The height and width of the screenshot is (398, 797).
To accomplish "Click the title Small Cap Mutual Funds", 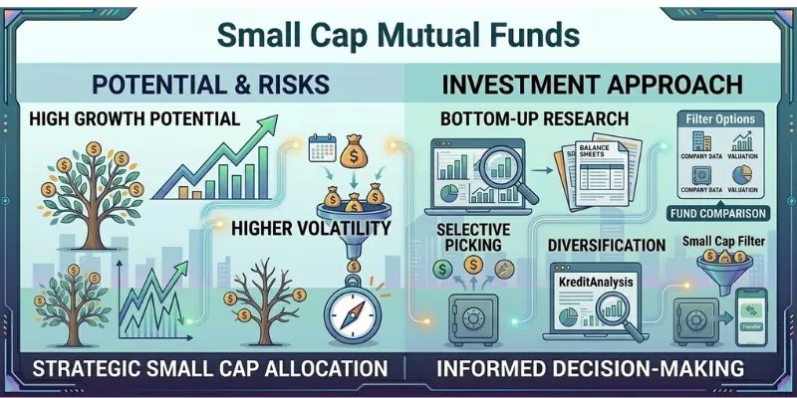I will (x=398, y=35).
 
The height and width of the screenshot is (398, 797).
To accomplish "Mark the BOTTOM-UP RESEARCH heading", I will (x=535, y=118).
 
